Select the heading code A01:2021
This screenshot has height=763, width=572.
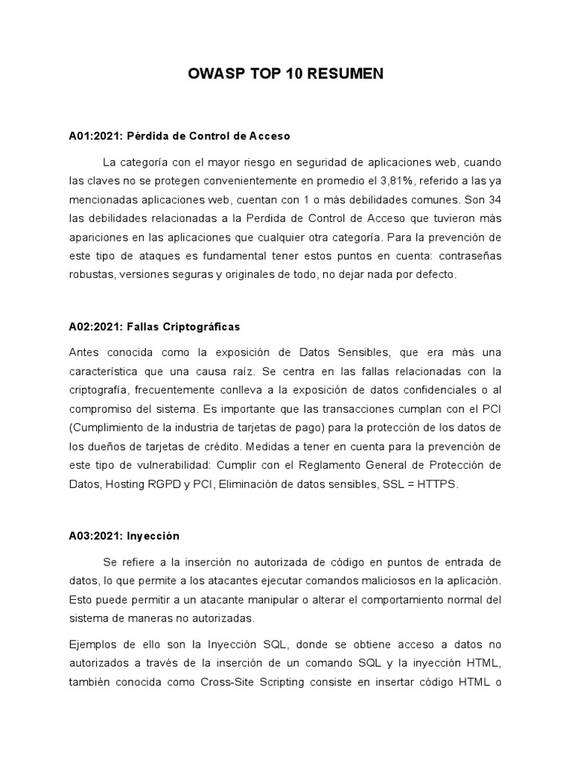95,136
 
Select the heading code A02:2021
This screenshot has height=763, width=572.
95,326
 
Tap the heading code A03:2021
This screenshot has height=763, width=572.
95,536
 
